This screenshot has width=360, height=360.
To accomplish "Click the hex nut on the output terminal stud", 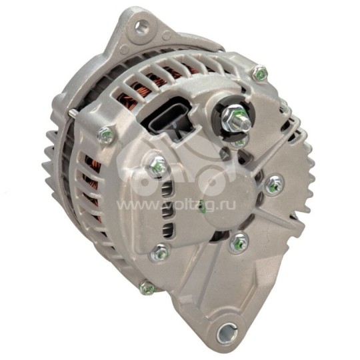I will click(236, 119).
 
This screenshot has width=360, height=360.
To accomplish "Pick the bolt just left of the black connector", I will click(103, 135).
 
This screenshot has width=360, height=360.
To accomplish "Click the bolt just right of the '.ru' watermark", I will click(273, 185).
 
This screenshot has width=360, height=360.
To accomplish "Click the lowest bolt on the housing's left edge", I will click(147, 289).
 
